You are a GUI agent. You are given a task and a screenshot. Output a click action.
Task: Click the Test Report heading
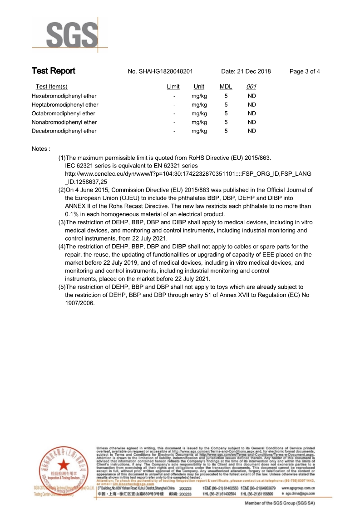[53, 71]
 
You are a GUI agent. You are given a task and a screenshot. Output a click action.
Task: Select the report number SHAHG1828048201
[166, 72]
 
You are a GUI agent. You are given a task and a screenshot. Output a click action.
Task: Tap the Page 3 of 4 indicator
[305, 72]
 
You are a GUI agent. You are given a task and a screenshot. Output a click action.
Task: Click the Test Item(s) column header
[51, 87]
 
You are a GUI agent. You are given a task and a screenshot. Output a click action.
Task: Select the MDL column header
[226, 87]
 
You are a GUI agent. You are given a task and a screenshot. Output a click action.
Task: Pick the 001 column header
[252, 87]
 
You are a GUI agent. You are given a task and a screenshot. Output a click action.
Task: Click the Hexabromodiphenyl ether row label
[64, 96]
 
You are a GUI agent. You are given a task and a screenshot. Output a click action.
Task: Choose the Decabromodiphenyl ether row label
[64, 131]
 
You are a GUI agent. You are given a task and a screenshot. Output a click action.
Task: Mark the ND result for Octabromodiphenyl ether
[252, 114]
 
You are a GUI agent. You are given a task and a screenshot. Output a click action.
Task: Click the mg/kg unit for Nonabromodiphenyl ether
[199, 122]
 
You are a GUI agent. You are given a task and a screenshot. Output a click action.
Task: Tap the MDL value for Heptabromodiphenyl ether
[226, 105]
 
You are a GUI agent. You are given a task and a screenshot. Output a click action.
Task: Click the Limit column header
[173, 87]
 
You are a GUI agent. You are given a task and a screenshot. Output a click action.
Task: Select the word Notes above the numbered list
[40, 149]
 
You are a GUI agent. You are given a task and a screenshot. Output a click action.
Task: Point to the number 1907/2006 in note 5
[80, 303]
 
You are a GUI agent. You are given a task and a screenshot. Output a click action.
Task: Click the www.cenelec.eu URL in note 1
[188, 174]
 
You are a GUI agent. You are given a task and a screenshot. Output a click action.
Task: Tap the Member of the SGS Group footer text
[280, 503]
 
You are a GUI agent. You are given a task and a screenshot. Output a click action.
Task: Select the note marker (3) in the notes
[62, 222]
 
